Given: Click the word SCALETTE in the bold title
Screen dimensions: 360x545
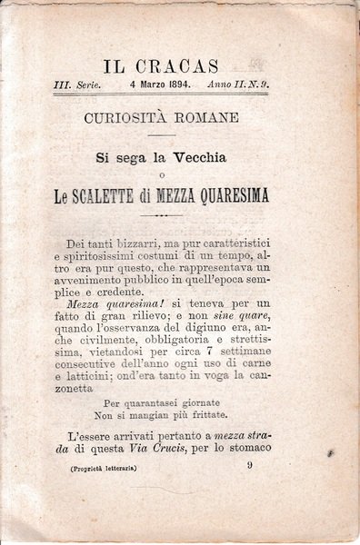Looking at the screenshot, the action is point(127,195).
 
